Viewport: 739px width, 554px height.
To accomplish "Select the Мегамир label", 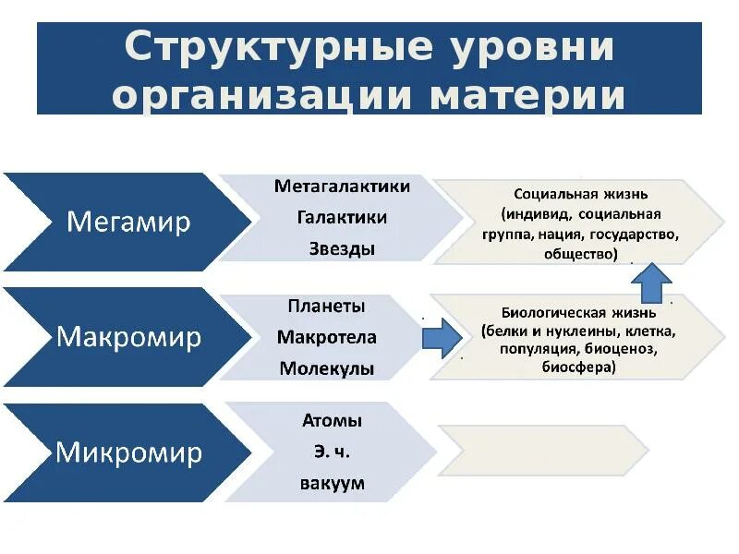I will point(129,222).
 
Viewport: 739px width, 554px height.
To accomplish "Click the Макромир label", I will point(128,337).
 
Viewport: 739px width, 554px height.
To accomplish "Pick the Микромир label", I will point(128,452).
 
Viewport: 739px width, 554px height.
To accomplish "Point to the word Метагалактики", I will point(342,187).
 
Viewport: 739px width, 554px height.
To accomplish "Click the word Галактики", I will point(342,218).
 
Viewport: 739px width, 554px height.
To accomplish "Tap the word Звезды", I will point(342,249).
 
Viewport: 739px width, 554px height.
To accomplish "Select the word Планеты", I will point(326,306).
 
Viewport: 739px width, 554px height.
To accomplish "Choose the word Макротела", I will point(326,337).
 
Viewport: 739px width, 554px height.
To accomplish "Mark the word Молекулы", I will point(326,369).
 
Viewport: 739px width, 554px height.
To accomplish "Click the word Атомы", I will point(332,421).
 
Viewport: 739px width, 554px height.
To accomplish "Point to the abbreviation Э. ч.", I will point(332,452).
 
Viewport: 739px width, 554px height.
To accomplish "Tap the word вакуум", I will point(332,484).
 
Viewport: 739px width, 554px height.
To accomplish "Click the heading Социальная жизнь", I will point(580,195).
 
